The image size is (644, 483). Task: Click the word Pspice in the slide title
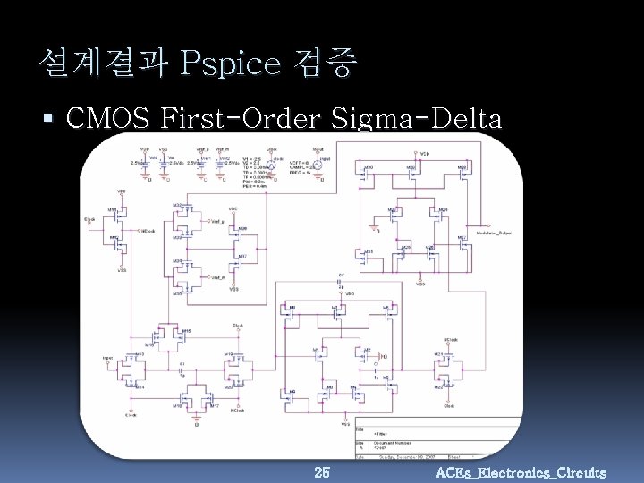pyautogui.click(x=229, y=64)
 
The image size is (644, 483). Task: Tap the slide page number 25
pyautogui.click(x=322, y=471)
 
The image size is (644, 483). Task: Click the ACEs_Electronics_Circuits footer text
pyautogui.click(x=521, y=472)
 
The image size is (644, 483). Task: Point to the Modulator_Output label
pyautogui.click(x=497, y=230)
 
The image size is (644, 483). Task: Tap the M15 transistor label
pyautogui.click(x=186, y=331)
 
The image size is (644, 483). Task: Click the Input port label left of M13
pyautogui.click(x=108, y=356)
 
